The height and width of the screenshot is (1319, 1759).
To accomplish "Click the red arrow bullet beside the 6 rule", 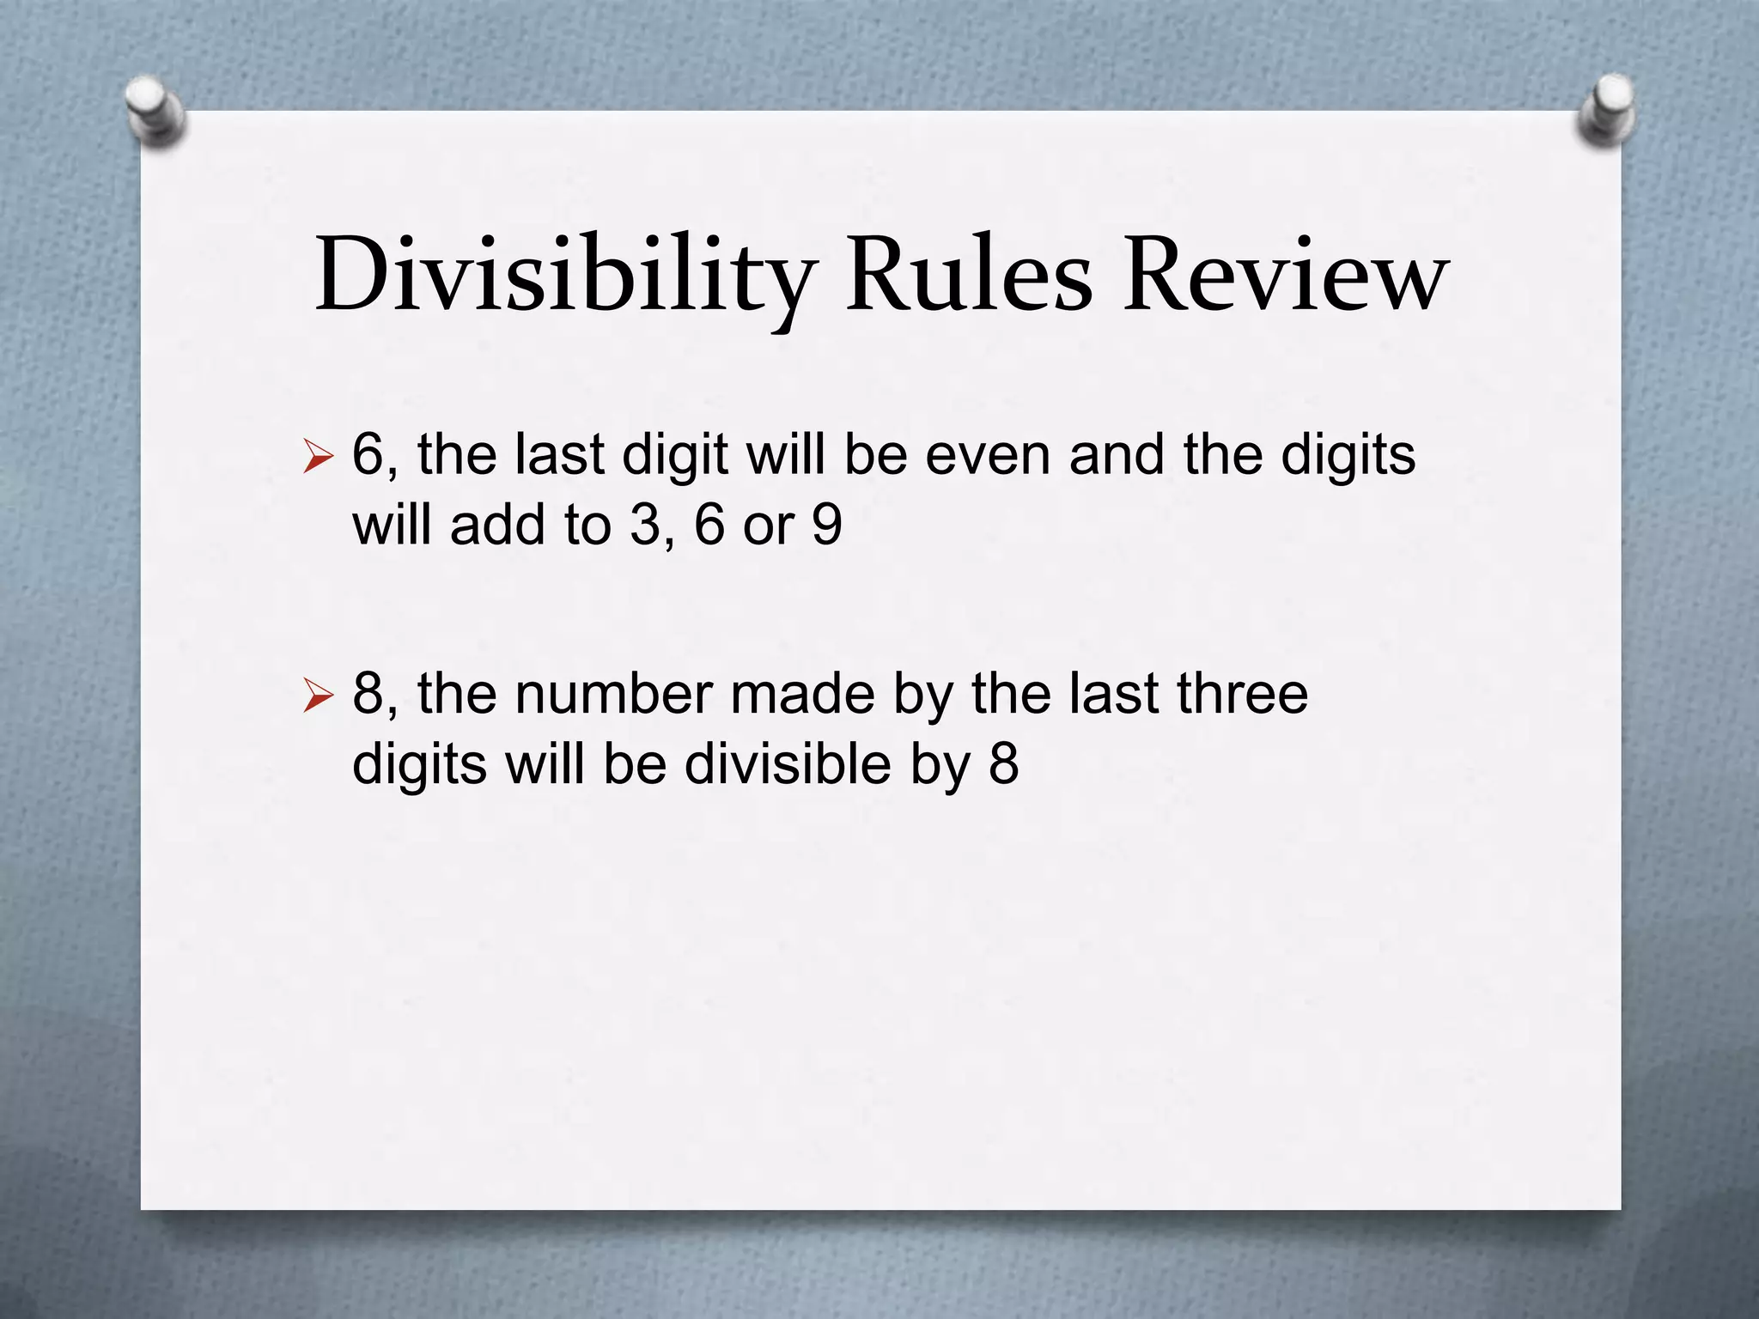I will tap(318, 458).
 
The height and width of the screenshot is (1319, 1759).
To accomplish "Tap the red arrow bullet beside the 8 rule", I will tap(318, 696).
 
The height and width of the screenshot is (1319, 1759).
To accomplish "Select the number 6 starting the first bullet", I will tap(368, 454).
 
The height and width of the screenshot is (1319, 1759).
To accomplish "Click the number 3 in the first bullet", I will tap(645, 525).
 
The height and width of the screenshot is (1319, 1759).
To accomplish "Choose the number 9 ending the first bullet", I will tap(826, 525).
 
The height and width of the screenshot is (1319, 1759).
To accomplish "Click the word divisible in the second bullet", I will tap(788, 763).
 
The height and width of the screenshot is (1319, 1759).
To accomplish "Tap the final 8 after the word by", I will tap(1003, 763).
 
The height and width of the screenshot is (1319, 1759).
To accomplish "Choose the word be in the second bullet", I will tap(635, 763).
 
